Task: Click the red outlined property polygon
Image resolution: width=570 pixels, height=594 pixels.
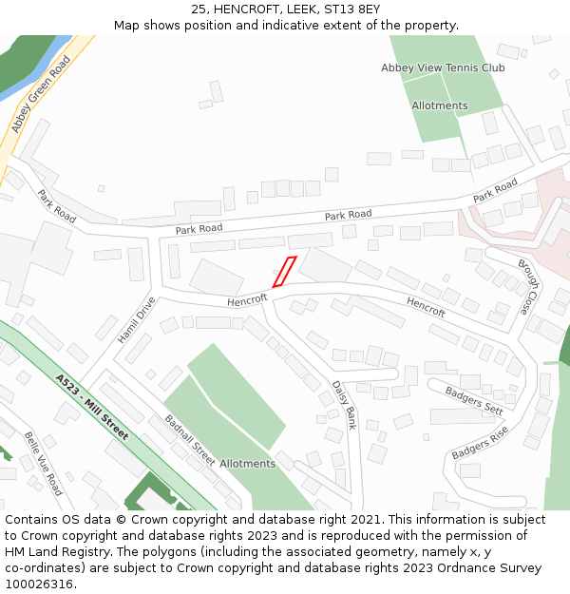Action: [284, 272]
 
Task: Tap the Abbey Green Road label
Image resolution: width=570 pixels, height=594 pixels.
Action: [41, 93]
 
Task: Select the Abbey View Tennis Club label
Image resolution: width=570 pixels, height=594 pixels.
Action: [443, 67]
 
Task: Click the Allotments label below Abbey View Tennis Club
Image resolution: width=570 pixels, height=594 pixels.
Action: [439, 105]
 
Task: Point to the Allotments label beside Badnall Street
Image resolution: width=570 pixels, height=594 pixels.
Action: [247, 464]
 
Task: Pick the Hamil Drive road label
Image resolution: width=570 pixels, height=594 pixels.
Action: [136, 320]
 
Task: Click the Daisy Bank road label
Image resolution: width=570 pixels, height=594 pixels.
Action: [343, 405]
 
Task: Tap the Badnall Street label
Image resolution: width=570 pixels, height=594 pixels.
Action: [190, 440]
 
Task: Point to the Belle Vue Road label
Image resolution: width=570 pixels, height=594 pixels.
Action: [43, 463]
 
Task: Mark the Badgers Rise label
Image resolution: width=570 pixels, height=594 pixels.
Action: [480, 443]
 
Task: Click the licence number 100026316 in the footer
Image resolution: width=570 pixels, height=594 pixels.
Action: [38, 584]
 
